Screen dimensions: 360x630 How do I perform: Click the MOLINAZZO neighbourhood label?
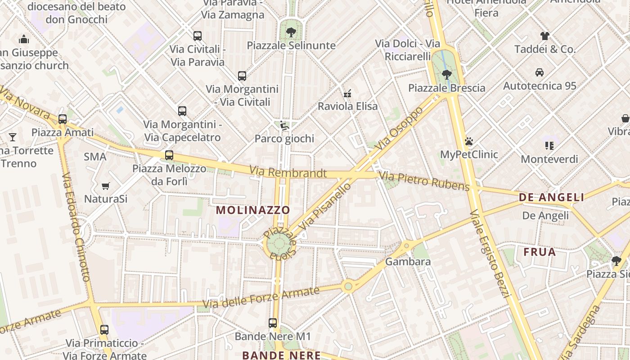click(x=253, y=210)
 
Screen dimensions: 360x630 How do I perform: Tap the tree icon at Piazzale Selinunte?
click(x=291, y=32)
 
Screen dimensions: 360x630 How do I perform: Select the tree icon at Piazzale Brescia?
click(x=446, y=74)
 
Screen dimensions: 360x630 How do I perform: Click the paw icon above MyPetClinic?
click(x=469, y=141)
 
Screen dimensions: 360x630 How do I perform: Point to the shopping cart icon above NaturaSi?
click(x=106, y=186)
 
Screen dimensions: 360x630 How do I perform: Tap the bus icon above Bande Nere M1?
click(x=273, y=323)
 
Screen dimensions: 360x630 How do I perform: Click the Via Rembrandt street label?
click(x=288, y=172)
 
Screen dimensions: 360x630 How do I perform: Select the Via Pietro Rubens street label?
click(x=424, y=180)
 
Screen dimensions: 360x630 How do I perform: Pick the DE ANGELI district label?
click(x=551, y=197)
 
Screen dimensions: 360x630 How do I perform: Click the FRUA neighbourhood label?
click(x=540, y=252)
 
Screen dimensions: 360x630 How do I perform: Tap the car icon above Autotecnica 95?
click(x=539, y=72)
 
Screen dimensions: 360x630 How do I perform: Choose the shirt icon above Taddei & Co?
click(x=544, y=36)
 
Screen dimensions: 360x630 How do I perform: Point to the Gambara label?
click(x=408, y=261)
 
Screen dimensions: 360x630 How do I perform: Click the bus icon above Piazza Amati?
click(x=63, y=119)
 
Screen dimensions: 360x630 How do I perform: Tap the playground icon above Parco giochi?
click(x=284, y=126)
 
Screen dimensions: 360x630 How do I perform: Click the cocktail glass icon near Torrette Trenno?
click(x=13, y=137)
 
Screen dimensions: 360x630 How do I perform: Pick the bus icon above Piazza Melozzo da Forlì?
click(x=169, y=155)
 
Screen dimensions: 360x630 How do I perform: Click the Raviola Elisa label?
click(x=347, y=107)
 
